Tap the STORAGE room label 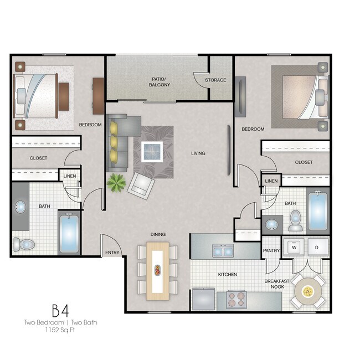coord(215,80)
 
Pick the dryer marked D coord(317,247)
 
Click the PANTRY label coord(271,251)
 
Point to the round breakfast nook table coord(308,291)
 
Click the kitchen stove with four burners coord(235,300)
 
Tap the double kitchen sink coord(223,251)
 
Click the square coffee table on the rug coord(152,150)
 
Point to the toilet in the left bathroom coord(25,244)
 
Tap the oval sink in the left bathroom coord(21,207)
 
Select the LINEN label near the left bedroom coord(70,176)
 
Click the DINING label coord(158,234)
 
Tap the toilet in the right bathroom coord(295,220)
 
